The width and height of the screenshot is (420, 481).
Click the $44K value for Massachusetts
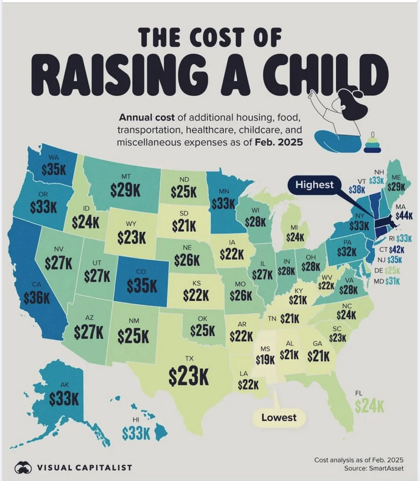tap(404, 215)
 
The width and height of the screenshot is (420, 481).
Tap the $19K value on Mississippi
tap(265, 359)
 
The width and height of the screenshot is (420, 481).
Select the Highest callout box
tap(315, 184)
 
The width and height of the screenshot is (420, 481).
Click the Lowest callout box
tap(279, 417)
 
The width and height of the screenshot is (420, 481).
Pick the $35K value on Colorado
tap(141, 285)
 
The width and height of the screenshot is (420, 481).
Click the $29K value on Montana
tap(126, 190)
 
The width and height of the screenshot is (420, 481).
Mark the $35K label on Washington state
tap(54, 169)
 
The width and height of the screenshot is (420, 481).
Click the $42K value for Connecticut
tap(398, 249)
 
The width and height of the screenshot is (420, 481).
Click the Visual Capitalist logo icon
tap(24, 467)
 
